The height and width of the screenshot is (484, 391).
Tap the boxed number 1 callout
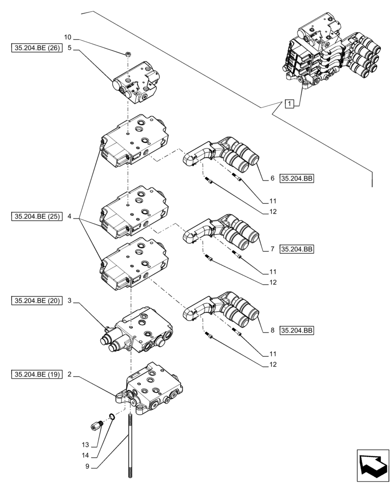point(289,103)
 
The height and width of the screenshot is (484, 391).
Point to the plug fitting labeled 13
point(96,425)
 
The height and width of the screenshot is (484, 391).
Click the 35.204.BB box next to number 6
point(297,179)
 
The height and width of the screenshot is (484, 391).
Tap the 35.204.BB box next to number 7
point(297,249)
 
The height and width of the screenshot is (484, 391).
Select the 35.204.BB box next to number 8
point(297,331)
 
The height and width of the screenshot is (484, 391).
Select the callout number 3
point(70,301)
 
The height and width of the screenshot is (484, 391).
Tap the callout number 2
point(70,374)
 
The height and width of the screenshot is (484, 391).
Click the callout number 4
point(70,216)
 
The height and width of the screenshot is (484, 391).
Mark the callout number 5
point(70,48)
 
